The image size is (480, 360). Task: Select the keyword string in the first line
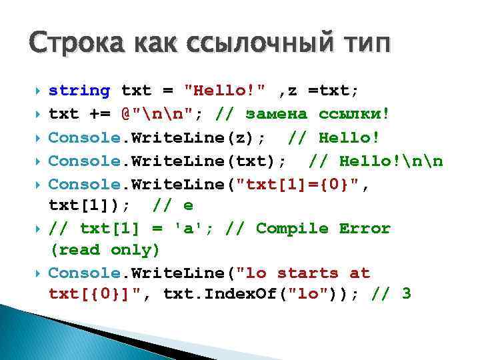click(x=79, y=91)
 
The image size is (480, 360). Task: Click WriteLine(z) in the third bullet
click(x=198, y=137)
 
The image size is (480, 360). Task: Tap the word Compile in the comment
click(x=292, y=229)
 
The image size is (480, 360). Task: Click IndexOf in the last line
click(x=235, y=293)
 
